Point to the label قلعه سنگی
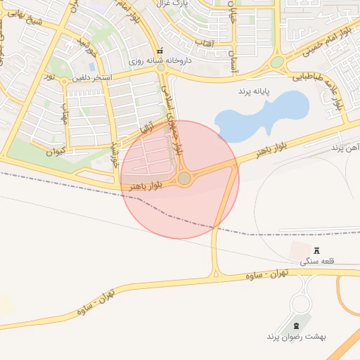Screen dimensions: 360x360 coord(317,261)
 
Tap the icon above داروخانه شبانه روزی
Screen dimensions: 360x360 coord(160,51)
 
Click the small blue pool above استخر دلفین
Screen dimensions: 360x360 coord(91,67)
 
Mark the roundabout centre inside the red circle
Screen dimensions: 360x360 coord(184,179)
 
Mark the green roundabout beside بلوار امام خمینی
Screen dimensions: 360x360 coord(277,62)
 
